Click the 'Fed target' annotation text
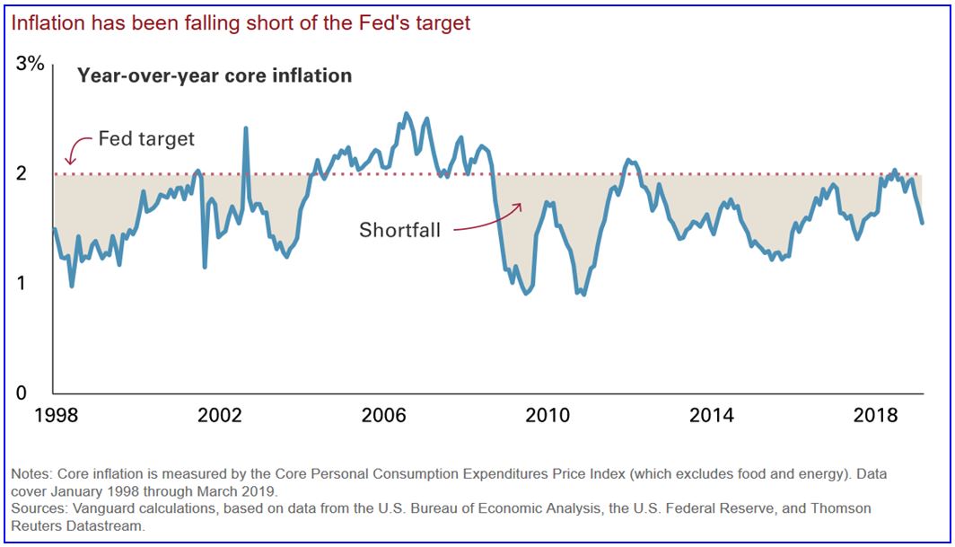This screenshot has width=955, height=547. pyautogui.click(x=145, y=139)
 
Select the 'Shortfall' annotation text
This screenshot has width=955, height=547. pyautogui.click(x=399, y=229)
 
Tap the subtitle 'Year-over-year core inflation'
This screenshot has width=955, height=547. pyautogui.click(x=215, y=76)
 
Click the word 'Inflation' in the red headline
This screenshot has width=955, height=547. pyautogui.click(x=45, y=23)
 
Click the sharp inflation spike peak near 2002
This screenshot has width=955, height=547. pyautogui.click(x=245, y=128)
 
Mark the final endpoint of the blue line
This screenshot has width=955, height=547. pyautogui.click(x=922, y=222)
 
